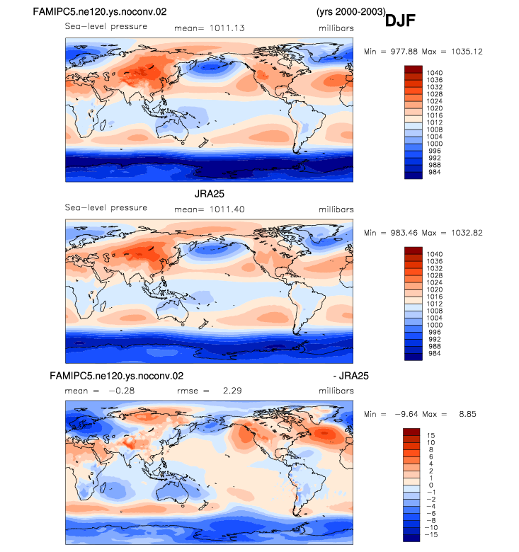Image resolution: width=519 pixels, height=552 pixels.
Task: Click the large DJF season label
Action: (x=400, y=21)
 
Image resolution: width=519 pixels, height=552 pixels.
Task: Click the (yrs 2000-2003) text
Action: (x=350, y=11)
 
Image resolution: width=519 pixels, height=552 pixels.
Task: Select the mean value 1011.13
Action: (x=227, y=28)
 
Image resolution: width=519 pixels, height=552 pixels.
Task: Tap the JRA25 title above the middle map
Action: (x=209, y=194)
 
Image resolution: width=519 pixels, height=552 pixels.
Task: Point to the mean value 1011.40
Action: (x=227, y=209)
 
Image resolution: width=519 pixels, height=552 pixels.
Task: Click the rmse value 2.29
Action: (x=232, y=391)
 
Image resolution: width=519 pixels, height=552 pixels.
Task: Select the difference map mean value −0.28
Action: (x=122, y=391)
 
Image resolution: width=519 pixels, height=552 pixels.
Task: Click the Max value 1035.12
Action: (x=467, y=52)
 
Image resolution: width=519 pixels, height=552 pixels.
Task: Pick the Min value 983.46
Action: (x=404, y=233)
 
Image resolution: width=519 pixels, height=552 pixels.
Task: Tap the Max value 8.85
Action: (x=467, y=414)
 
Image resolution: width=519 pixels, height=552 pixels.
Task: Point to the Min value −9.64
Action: (x=407, y=414)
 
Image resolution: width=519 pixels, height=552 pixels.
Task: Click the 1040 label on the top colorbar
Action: (x=435, y=73)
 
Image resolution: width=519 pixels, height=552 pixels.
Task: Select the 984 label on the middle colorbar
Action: (x=435, y=353)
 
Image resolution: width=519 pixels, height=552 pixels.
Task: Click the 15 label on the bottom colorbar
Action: (x=430, y=435)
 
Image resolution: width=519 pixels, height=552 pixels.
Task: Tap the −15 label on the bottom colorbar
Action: (x=431, y=534)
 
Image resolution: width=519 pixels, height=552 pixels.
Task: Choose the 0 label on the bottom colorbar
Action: (x=431, y=485)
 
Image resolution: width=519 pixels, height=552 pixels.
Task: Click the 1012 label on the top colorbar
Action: (x=435, y=122)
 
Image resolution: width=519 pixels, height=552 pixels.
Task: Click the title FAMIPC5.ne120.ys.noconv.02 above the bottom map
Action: (x=117, y=376)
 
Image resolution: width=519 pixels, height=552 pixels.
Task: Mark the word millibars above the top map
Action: (x=336, y=28)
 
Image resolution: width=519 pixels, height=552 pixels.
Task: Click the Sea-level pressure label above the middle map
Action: (x=106, y=207)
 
